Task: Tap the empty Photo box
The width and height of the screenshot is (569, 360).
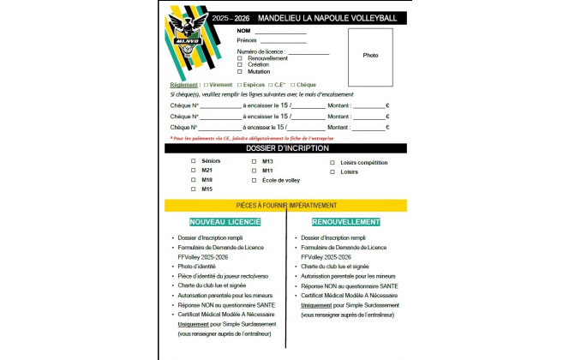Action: [x=370, y=56]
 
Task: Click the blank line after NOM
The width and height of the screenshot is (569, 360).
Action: [x=278, y=32]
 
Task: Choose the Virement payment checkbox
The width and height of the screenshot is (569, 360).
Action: [x=205, y=85]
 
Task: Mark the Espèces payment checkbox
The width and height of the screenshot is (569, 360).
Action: [x=238, y=85]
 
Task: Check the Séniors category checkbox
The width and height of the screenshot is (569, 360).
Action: [x=194, y=161]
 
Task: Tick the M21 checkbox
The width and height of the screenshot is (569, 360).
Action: [x=194, y=171]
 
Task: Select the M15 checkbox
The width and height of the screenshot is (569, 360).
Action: [x=194, y=189]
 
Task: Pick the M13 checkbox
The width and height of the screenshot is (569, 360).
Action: [x=254, y=161]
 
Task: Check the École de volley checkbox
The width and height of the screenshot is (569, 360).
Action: [x=254, y=180]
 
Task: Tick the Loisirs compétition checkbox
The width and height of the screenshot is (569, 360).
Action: [x=332, y=162]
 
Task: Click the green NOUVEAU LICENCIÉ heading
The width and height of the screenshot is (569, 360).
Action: [x=225, y=222]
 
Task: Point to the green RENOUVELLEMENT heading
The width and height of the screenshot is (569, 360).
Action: [x=346, y=222]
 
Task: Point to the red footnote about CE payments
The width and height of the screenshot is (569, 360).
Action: [x=252, y=137]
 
